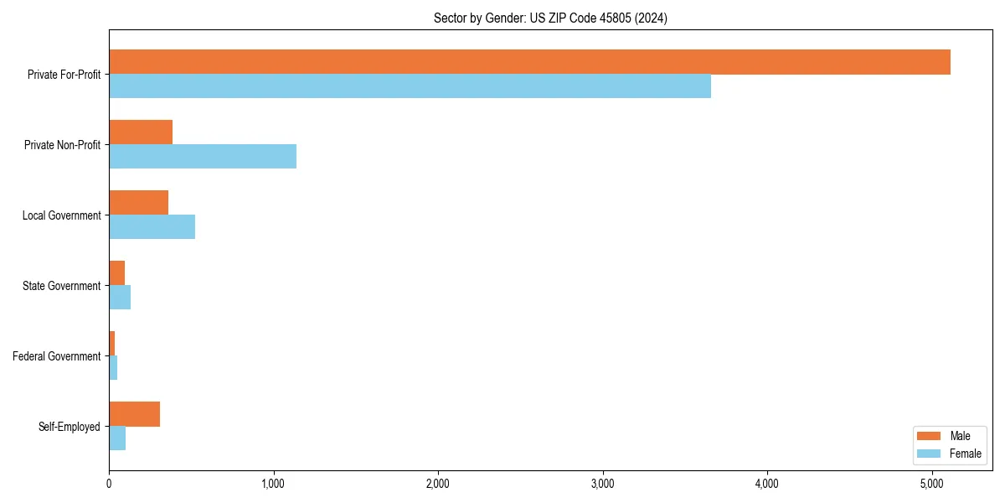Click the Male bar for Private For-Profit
[x=529, y=62]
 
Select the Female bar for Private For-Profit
[x=410, y=86]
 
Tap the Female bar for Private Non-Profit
[x=203, y=157]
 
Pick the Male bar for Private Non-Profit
[x=141, y=132]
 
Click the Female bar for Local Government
[x=152, y=227]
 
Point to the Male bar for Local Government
[x=138, y=203]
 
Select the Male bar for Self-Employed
[x=134, y=414]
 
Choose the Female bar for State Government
[x=120, y=298]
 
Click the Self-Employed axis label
[x=70, y=427]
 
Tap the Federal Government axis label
[x=57, y=356]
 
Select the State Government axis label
[x=62, y=286]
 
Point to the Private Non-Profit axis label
[x=63, y=145]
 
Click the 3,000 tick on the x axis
[x=603, y=484]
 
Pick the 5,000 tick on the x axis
[x=932, y=484]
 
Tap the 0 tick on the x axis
[x=109, y=484]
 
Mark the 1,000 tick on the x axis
[x=274, y=484]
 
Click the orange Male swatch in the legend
[x=930, y=436]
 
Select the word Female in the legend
[x=966, y=454]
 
